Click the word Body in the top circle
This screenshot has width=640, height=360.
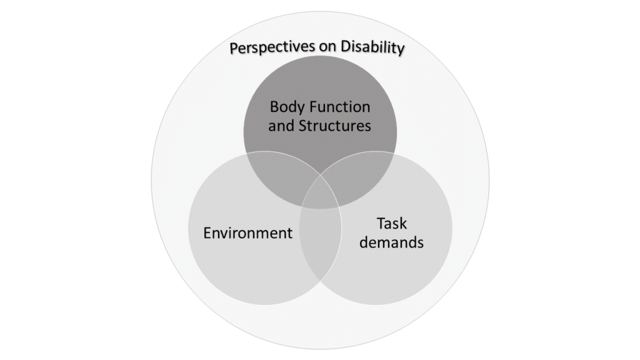(286, 106)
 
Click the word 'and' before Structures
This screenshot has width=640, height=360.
(281, 126)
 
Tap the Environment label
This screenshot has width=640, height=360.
(247, 233)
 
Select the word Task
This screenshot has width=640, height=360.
(391, 223)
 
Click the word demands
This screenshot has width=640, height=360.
(391, 242)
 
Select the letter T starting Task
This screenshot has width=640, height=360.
(380, 223)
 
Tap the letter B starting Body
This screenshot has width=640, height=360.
(274, 106)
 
